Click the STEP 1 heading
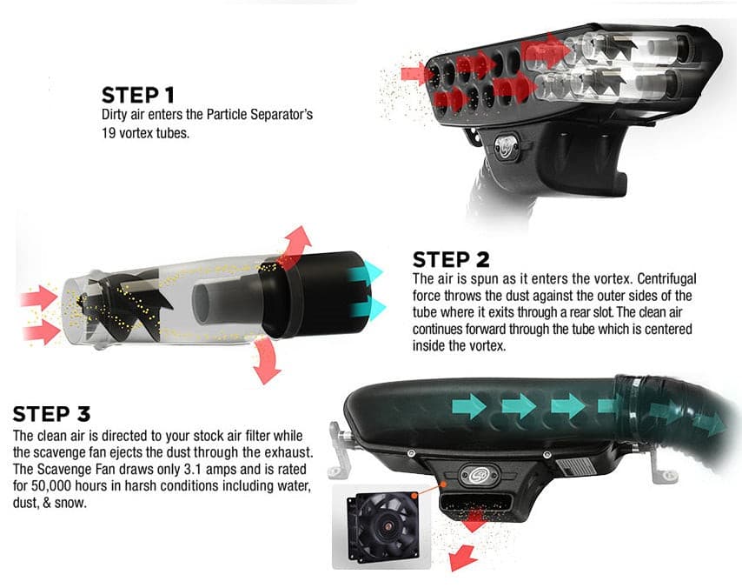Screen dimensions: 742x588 (x=137, y=95)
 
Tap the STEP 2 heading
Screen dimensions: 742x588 (x=451, y=260)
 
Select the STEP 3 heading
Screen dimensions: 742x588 (x=51, y=414)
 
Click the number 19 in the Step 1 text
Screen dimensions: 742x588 (x=109, y=133)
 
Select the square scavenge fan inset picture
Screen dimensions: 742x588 (x=381, y=526)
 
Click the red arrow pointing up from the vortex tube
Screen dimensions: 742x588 (x=295, y=244)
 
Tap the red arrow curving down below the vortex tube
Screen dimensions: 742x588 (x=266, y=361)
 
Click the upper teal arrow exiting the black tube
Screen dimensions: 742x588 (x=367, y=274)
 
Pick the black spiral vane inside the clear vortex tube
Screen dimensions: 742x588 (x=125, y=304)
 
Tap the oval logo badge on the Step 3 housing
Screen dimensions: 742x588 (x=479, y=475)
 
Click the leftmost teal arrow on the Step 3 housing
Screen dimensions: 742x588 (x=469, y=407)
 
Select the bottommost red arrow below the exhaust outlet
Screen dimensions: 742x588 (x=461, y=558)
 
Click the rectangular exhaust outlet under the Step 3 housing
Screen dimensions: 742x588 (x=475, y=503)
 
